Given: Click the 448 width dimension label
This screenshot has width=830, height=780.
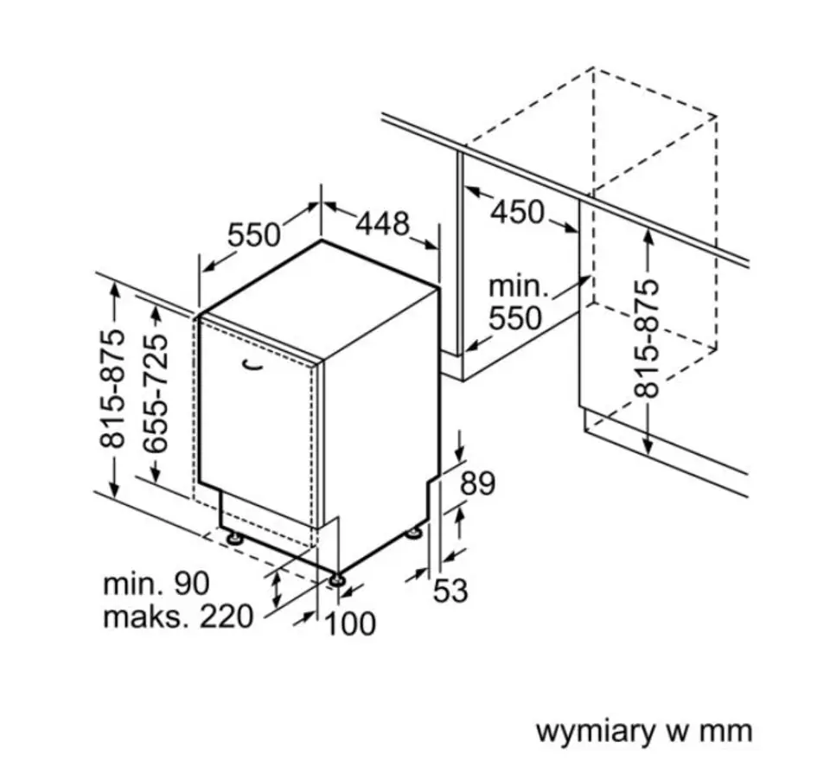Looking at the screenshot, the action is (x=382, y=223).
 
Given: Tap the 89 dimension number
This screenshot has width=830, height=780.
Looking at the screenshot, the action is (x=477, y=483).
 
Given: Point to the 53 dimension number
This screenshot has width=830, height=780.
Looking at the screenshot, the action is (x=450, y=590).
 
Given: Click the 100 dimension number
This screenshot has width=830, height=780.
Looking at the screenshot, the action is (x=349, y=623).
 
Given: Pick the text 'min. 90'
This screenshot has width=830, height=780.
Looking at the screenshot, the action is (x=156, y=583).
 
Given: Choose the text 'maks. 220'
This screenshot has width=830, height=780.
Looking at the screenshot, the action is (x=178, y=617).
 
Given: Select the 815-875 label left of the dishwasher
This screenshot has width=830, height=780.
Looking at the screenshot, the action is (x=112, y=389).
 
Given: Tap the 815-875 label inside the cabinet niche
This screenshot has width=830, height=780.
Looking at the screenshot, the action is (x=647, y=339).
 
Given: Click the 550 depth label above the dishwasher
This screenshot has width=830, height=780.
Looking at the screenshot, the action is (x=253, y=234).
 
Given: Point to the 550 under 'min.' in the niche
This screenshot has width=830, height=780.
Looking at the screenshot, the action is (x=515, y=318).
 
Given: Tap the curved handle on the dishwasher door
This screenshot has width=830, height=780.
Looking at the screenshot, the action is (x=253, y=364).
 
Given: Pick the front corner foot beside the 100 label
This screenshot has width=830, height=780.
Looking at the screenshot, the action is (x=336, y=580).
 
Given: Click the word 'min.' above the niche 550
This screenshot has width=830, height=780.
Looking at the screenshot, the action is (x=518, y=286).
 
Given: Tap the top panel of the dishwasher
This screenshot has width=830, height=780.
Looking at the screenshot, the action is (x=320, y=300).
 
